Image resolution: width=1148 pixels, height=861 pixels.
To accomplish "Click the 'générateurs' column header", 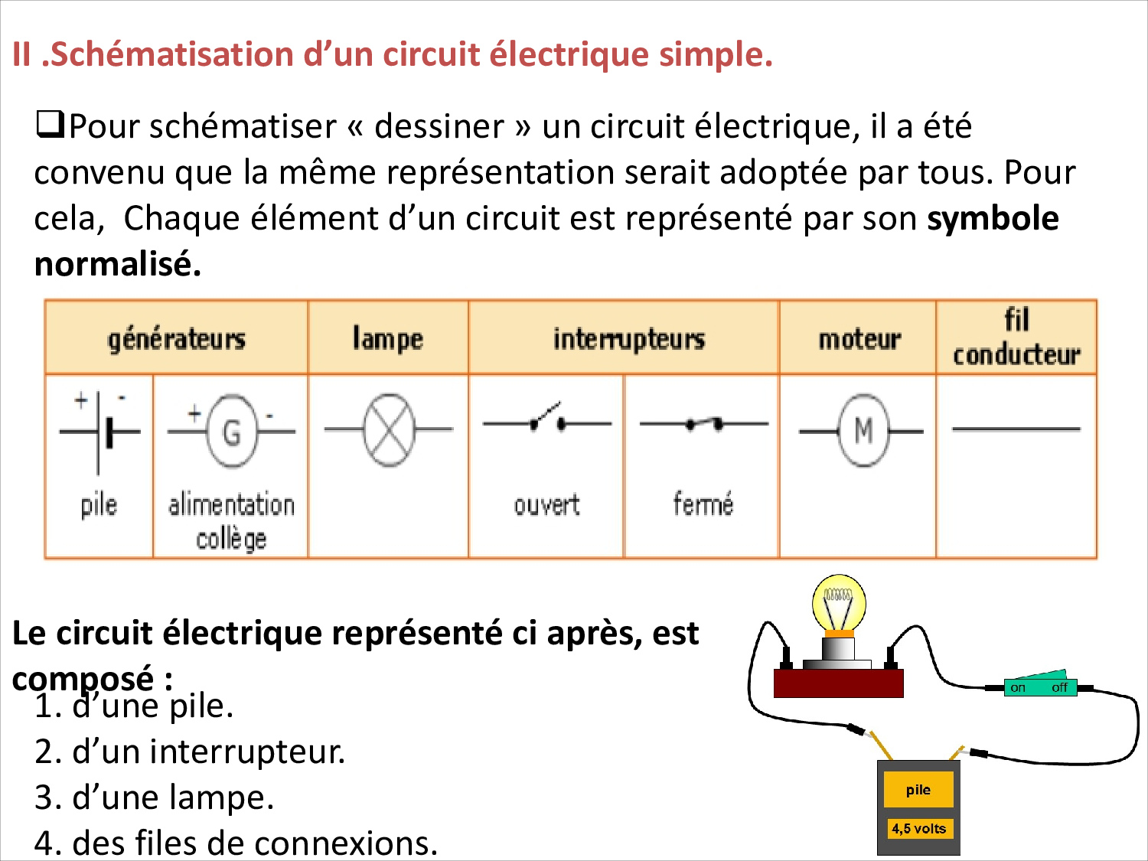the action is tap(176, 340).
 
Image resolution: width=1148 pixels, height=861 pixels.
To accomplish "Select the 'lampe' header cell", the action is tap(387, 339).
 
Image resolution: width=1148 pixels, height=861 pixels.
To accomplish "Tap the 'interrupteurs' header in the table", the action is tap(629, 340).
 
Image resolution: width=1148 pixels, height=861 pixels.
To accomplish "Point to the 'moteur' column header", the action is tap(859, 339).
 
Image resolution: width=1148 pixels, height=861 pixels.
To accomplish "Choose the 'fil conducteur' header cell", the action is tap(1016, 338).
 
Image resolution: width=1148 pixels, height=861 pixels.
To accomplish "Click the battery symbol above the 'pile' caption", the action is tap(99, 432).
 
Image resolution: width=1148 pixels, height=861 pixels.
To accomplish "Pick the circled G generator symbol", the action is tap(231, 431).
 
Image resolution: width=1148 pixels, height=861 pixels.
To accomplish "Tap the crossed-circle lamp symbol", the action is tap(389, 429).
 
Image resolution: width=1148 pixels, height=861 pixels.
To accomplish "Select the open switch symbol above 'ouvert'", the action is tap(546, 418).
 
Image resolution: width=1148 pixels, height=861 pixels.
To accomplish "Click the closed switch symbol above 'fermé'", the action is tap(704, 423).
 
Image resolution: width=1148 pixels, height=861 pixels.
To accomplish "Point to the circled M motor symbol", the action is tap(862, 430).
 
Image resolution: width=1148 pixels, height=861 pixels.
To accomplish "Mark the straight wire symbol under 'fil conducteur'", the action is tap(1016, 429).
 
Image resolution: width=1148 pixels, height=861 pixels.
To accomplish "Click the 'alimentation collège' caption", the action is tap(231, 520).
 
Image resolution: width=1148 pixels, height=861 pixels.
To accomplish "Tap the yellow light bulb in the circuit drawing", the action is tap(838, 605).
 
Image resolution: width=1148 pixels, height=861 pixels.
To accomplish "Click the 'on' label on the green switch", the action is tap(1018, 688).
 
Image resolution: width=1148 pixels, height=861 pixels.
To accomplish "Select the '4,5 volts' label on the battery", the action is tap(919, 829).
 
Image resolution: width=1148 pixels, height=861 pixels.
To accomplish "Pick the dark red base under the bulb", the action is tap(838, 683).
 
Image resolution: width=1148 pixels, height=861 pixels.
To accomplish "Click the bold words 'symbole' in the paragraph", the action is tap(993, 218).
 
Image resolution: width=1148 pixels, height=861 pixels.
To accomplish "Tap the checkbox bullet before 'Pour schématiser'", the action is tap(50, 125).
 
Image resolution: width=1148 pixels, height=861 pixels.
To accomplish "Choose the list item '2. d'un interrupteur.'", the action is tap(190, 752).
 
